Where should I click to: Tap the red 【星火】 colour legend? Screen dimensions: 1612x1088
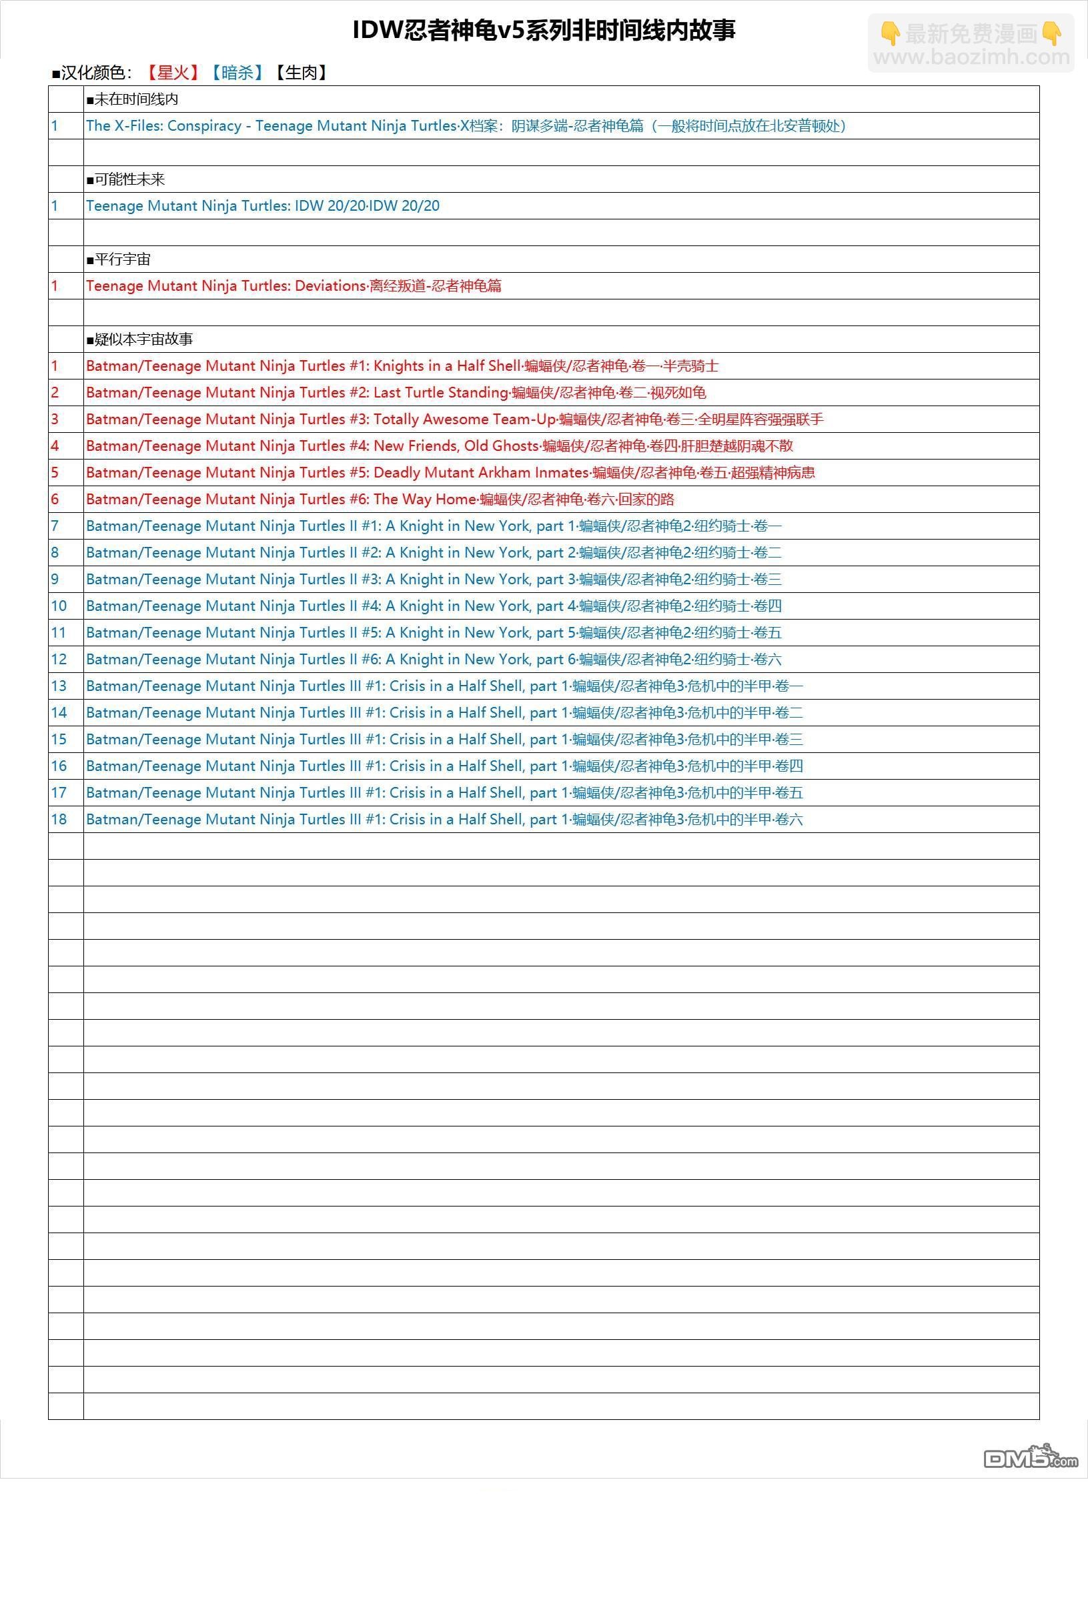tap(173, 73)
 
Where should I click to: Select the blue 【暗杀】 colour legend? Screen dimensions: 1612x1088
tap(237, 73)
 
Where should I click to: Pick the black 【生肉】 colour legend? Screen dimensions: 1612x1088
tap(300, 73)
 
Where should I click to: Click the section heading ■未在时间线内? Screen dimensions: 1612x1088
tap(133, 100)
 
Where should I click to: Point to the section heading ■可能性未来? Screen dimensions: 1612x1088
tap(125, 179)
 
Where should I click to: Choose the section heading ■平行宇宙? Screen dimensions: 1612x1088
tap(119, 259)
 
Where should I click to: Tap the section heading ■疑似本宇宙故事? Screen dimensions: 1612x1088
tap(139, 339)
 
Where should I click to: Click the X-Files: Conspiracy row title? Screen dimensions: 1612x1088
tap(465, 126)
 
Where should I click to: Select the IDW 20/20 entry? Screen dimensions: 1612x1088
tap(262, 206)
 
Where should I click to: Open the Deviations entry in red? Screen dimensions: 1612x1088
tap(294, 285)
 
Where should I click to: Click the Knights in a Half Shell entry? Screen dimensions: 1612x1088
tap(402, 366)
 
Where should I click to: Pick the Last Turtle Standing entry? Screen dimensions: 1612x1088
tap(396, 393)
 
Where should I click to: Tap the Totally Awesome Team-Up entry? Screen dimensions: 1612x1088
tap(454, 420)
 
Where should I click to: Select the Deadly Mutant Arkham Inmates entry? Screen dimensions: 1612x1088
tap(450, 473)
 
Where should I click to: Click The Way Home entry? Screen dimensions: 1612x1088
tap(380, 500)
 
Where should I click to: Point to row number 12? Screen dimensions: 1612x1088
tap(59, 660)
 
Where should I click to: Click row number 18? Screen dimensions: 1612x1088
tap(59, 820)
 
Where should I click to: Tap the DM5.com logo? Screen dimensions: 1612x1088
tap(1030, 1457)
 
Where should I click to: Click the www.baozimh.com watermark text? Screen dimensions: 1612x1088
tap(971, 57)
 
